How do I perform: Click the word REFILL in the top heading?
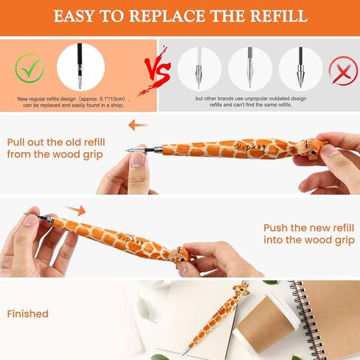coord(272,15)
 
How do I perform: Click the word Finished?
coord(28,314)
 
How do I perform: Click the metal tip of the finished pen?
coord(184,353)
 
